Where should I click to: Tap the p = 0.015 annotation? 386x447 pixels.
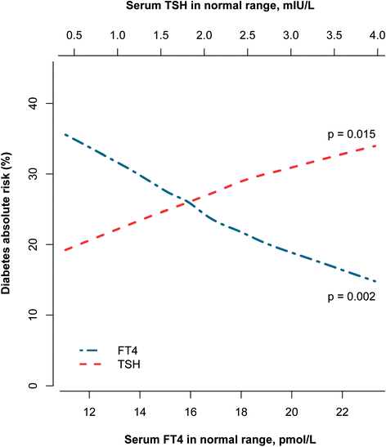(x=349, y=134)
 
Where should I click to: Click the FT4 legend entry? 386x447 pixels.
(x=128, y=350)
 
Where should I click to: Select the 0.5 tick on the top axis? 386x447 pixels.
(x=74, y=37)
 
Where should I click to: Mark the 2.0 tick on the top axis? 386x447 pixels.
(x=204, y=37)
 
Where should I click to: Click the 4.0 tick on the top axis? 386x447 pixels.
(x=377, y=37)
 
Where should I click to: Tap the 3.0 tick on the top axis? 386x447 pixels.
(x=290, y=37)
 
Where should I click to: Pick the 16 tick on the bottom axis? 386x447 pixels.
(x=190, y=409)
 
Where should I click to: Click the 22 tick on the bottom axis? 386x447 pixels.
(x=342, y=409)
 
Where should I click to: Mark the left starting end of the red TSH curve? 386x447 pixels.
(x=65, y=250)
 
